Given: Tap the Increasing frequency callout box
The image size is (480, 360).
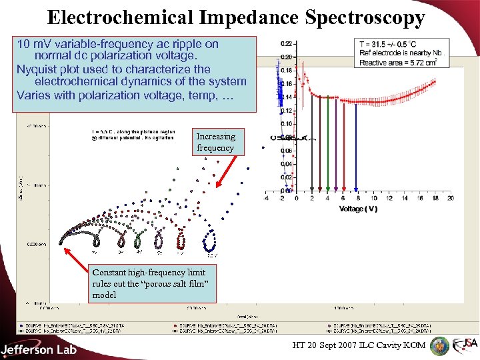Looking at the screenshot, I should coord(215,142).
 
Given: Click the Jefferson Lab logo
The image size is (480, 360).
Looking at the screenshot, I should coord(39,349).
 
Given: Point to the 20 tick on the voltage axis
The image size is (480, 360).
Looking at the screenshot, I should coord(451,198).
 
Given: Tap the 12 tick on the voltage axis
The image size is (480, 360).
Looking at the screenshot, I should coord(389,198).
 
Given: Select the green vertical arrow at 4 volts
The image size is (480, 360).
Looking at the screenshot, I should coord(327,147).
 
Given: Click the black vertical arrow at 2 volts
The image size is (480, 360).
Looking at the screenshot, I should coord(312,147).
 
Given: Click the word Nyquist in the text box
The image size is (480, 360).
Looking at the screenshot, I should coord(37,69).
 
